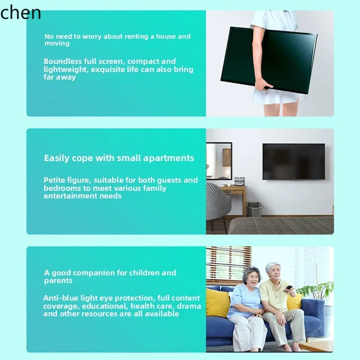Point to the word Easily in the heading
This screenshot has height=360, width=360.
(57, 158)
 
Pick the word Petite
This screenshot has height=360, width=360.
(54, 180)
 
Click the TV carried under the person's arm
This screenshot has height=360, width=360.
(268, 58)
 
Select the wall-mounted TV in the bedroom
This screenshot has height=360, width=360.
(293, 162)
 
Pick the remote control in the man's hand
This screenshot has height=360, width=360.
(288, 287)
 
